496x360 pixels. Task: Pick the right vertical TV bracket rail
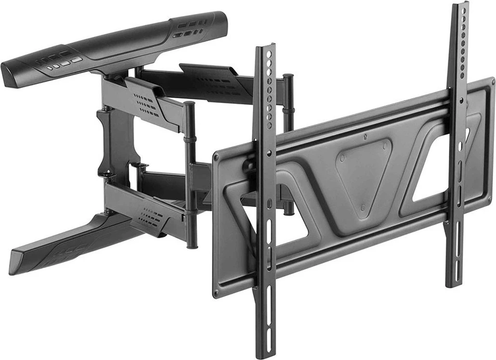click(457, 144)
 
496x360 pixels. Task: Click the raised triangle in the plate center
click(364, 173)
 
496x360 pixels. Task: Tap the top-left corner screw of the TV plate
click(217, 156)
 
